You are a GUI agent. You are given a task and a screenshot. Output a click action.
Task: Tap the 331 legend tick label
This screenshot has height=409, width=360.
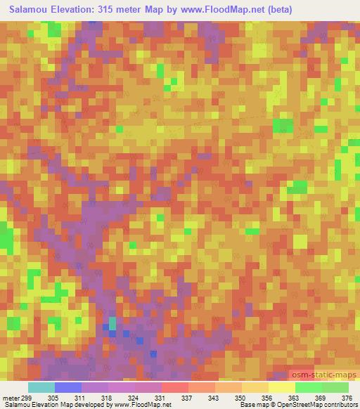tap(160, 398)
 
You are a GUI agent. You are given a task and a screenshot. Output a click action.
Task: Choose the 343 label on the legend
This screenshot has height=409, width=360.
tap(213, 398)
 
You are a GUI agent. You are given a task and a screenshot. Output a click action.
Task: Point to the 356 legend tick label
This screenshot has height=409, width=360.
tap(266, 398)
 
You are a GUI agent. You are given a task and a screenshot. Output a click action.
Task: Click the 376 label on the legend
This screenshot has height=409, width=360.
tap(347, 398)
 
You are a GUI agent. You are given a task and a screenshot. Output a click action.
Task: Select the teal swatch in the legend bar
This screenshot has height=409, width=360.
tap(41, 387)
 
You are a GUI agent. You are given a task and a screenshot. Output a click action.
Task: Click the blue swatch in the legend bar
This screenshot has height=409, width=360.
tap(67, 387)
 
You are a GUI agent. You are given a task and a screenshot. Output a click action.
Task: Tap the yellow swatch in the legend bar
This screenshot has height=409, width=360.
tap(281, 387)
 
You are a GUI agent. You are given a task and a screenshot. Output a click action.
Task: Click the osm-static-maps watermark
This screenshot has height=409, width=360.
tap(324, 376)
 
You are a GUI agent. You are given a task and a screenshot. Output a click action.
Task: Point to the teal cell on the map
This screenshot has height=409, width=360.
tap(111, 323)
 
